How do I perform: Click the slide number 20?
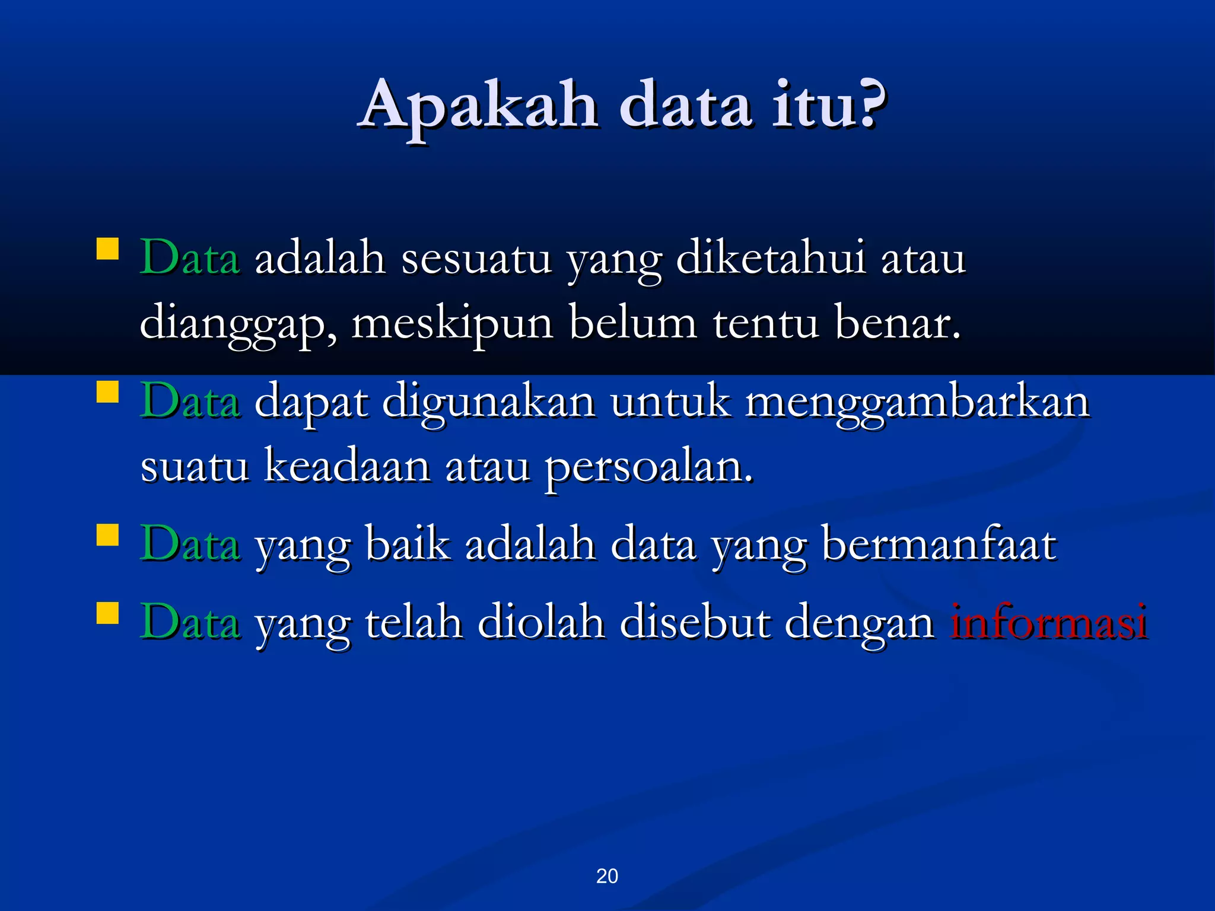click(x=607, y=876)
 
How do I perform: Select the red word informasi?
click(x=1048, y=623)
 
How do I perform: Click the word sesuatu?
click(x=476, y=260)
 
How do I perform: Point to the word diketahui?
click(x=771, y=259)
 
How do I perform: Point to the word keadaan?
click(x=346, y=466)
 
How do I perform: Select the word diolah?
click(x=540, y=623)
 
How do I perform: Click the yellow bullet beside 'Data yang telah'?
click(x=107, y=614)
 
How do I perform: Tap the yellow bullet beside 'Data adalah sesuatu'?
click(x=107, y=249)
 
